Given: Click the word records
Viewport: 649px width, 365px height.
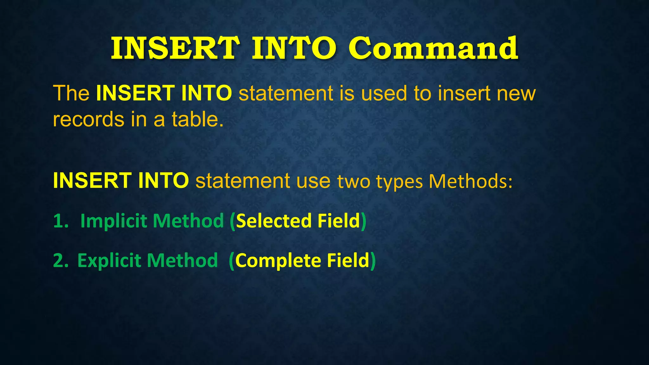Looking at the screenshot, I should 88,119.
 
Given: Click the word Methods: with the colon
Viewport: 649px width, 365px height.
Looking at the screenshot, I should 470,181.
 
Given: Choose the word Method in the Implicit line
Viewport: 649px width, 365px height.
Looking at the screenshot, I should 188,221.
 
